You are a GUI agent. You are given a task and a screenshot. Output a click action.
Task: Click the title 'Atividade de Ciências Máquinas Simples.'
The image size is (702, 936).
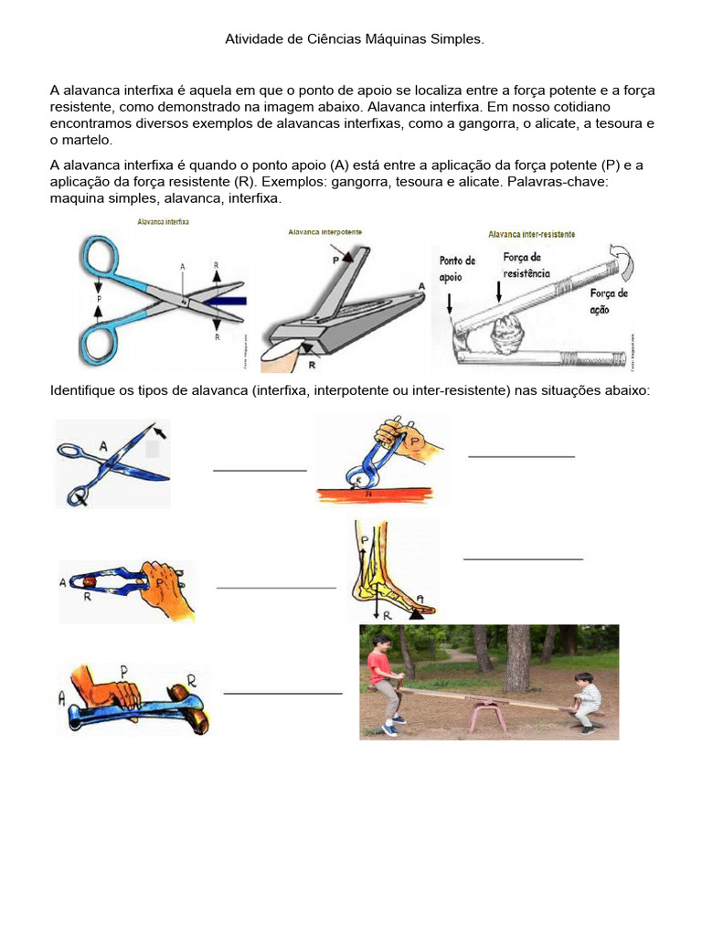pos(354,39)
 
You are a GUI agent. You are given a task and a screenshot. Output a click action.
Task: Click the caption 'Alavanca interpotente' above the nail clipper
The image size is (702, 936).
pos(324,232)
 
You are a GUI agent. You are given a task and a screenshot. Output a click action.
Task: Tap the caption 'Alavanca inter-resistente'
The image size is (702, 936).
pos(531,234)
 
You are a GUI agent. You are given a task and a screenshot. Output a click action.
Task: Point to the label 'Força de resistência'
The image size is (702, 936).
pos(526,265)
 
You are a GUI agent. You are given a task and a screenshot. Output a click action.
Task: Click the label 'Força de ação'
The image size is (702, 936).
pos(609,301)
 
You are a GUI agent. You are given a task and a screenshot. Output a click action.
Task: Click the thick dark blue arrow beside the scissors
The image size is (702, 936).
pos(221,299)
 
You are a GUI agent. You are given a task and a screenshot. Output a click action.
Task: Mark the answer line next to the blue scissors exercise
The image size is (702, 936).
pos(260,470)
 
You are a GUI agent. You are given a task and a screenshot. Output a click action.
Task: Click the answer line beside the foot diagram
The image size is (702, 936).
pos(523,558)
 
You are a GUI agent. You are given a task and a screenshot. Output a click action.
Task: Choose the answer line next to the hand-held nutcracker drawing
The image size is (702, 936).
pos(276,588)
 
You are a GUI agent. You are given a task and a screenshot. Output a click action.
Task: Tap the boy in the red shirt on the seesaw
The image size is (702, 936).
pos(386,681)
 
